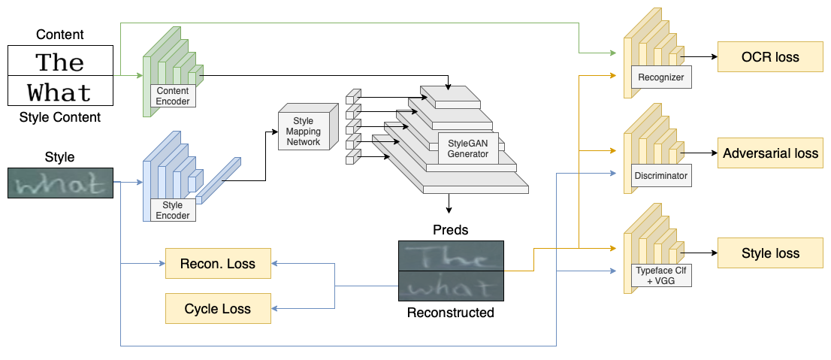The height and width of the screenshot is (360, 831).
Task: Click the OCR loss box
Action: click(x=770, y=57)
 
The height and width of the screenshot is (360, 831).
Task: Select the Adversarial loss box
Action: click(x=770, y=153)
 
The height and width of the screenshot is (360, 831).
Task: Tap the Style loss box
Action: click(x=770, y=253)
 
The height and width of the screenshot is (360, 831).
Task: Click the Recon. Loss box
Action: click(x=218, y=264)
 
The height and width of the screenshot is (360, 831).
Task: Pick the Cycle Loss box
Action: click(x=218, y=309)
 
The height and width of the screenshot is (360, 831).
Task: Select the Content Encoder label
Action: click(x=174, y=96)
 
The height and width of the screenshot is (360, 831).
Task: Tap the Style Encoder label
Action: click(x=174, y=210)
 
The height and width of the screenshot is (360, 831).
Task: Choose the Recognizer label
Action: click(x=659, y=77)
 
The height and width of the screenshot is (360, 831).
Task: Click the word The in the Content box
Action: click(x=60, y=62)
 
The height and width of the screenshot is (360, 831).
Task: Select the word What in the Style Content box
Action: click(x=60, y=92)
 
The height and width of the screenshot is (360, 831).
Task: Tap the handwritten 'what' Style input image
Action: click(x=61, y=183)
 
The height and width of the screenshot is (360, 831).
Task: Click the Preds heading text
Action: click(x=450, y=229)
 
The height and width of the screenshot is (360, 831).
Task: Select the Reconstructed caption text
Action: click(x=450, y=313)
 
